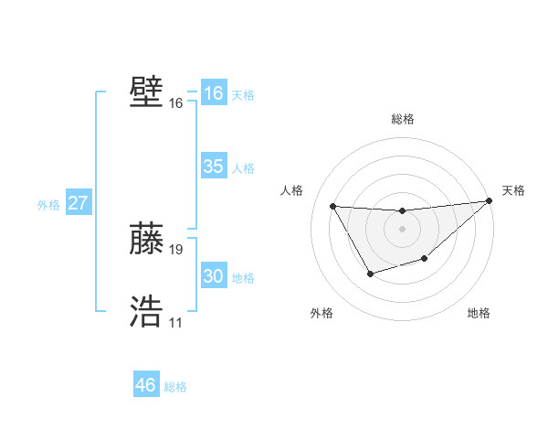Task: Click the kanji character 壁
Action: [x=146, y=93]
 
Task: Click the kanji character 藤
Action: [x=146, y=239]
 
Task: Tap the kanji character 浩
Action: [x=146, y=312]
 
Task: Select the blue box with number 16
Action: [x=213, y=93]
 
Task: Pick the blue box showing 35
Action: [x=213, y=167]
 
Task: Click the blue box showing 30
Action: [x=213, y=276]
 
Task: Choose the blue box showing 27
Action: [x=78, y=203]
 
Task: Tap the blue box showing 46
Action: [x=146, y=385]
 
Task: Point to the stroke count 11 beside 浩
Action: [x=175, y=322]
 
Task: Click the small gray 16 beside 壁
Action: [x=176, y=103]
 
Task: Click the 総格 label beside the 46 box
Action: [x=175, y=387]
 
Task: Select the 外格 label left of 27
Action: [x=48, y=205]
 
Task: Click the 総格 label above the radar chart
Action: [x=402, y=119]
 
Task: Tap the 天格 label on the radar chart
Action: [x=513, y=190]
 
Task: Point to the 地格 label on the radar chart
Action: [x=479, y=313]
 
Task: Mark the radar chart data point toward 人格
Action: [x=332, y=206]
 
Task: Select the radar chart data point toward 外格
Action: [x=370, y=274]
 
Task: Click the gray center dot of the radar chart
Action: [x=402, y=228]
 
